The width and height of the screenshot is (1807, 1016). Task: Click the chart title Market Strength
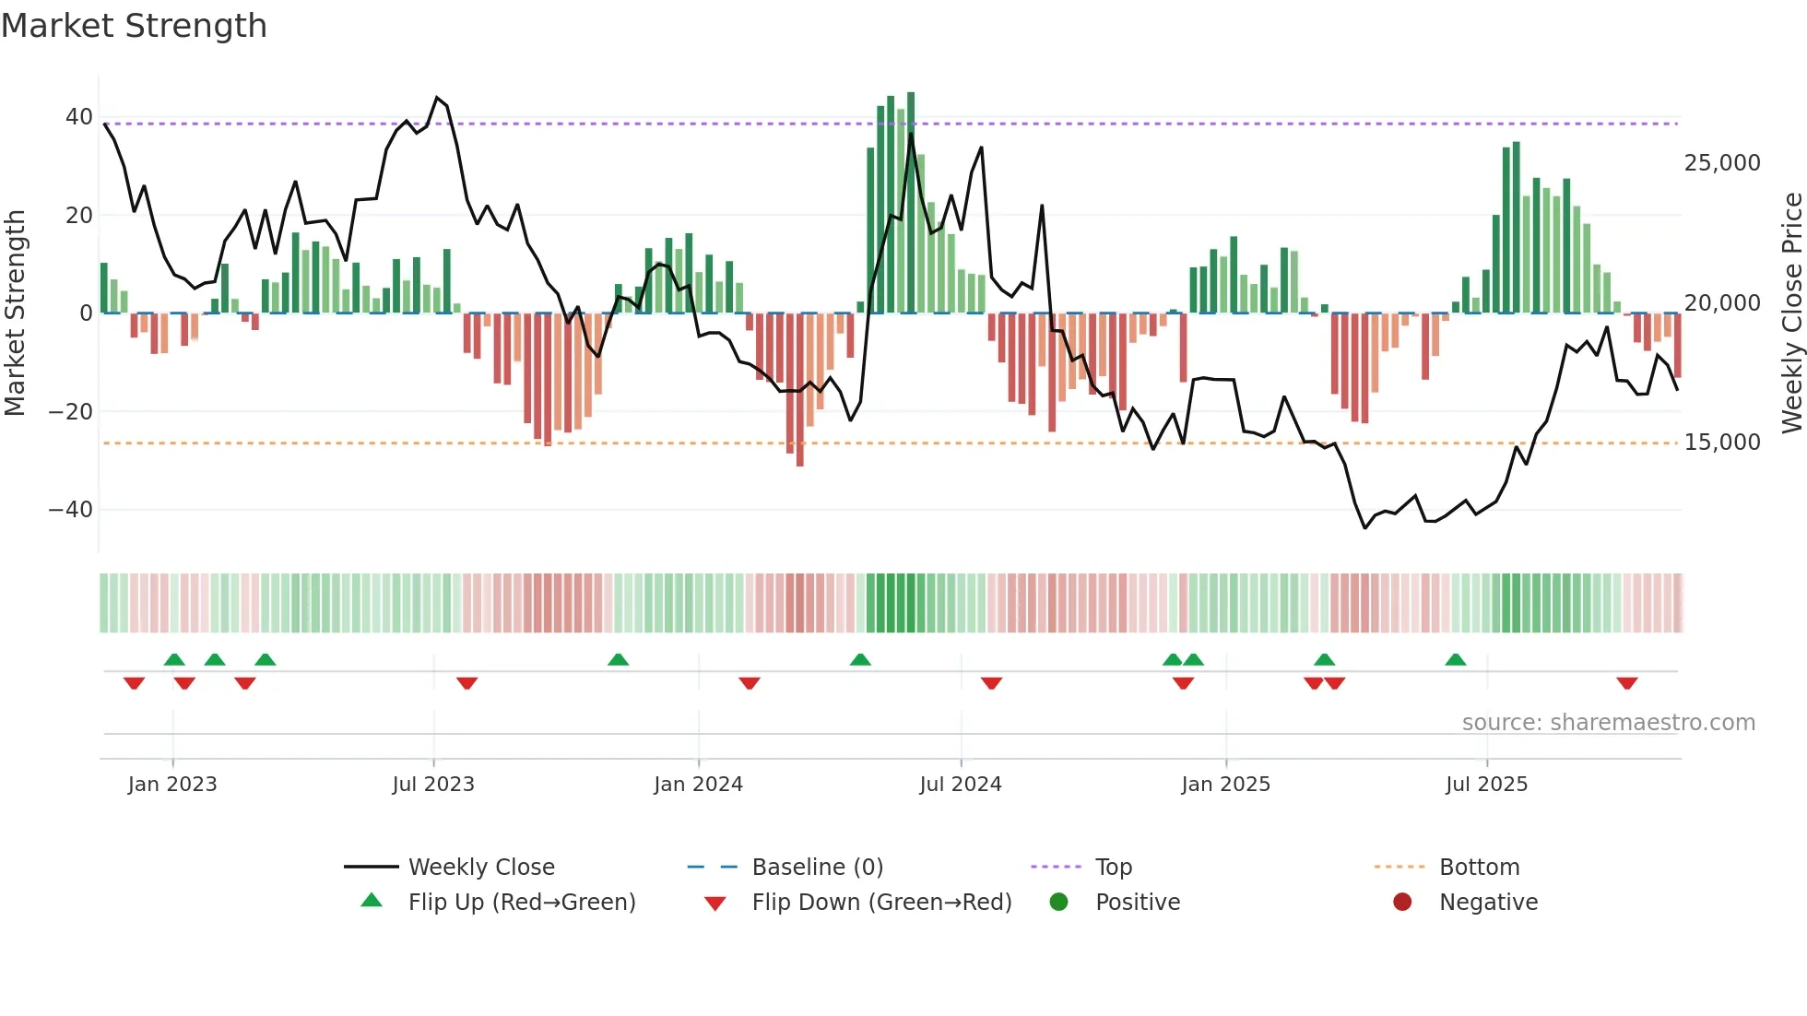tap(135, 26)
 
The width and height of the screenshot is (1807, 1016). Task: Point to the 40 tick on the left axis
tap(78, 117)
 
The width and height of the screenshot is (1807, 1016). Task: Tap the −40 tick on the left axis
tap(71, 510)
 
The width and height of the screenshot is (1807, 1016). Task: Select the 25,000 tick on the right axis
tap(1722, 163)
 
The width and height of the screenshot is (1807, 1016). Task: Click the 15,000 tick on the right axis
tap(1722, 443)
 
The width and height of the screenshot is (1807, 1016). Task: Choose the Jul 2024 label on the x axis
tap(960, 785)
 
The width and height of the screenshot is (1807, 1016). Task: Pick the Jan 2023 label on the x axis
tap(172, 785)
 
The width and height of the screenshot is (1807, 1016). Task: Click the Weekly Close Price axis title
tap(1791, 313)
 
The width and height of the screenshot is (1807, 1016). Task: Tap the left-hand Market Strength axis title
tap(16, 313)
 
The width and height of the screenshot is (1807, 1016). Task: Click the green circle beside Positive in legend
tap(1058, 903)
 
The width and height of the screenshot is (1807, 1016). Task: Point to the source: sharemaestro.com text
tap(1608, 723)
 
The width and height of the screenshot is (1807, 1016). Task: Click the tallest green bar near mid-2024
tap(911, 203)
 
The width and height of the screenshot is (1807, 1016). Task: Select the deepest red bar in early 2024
tap(799, 390)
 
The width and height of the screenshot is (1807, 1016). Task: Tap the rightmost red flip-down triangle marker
tap(1626, 683)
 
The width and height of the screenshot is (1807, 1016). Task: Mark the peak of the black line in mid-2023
tap(437, 97)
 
